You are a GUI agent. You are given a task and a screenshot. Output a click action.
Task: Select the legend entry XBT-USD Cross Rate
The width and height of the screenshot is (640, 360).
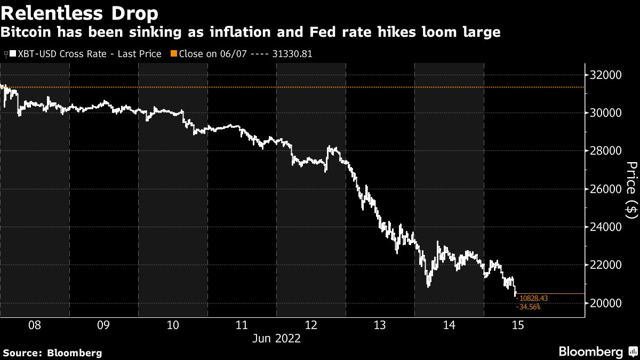pyautogui.click(x=89, y=54)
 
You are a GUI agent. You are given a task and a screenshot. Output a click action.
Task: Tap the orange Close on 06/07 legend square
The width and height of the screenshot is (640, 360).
pyautogui.click(x=173, y=54)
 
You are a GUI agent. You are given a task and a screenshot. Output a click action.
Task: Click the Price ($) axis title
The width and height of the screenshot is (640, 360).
pyautogui.click(x=631, y=189)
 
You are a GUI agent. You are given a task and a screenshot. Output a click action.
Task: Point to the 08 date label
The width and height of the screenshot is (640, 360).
pyautogui.click(x=34, y=325)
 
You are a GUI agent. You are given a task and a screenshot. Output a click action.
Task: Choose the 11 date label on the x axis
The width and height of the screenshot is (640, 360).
pyautogui.click(x=242, y=325)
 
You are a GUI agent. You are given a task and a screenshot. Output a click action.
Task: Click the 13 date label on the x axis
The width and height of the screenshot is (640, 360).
pyautogui.click(x=380, y=325)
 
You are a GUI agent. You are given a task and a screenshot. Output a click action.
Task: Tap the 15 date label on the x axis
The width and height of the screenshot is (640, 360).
pyautogui.click(x=517, y=325)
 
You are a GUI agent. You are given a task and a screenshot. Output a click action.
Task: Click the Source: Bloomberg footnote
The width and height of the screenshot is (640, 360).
pyautogui.click(x=52, y=353)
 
